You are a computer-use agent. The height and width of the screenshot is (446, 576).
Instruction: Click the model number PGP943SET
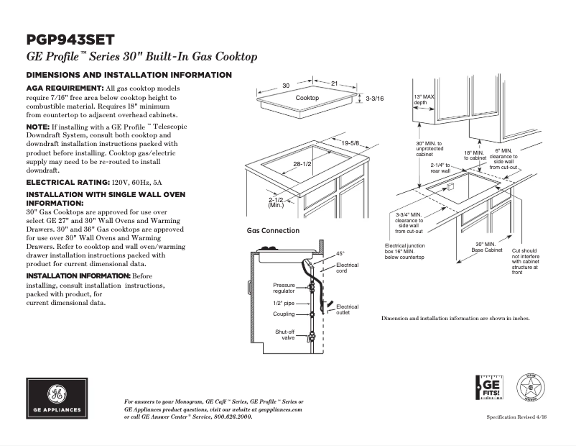pyautogui.click(x=70, y=40)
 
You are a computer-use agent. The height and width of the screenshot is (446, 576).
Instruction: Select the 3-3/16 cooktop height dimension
pyautogui.click(x=375, y=98)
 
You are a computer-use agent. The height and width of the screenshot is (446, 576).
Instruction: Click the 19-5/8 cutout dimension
pyautogui.click(x=350, y=143)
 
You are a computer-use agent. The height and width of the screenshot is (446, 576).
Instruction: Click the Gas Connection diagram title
pyautogui.click(x=273, y=231)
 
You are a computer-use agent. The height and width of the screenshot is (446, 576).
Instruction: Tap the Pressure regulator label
pyautogui.click(x=284, y=288)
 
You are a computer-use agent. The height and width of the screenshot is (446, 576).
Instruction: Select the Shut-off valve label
pyautogui.click(x=285, y=334)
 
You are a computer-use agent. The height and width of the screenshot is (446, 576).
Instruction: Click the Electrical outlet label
pyautogui.click(x=347, y=310)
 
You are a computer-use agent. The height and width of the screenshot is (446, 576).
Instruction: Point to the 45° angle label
pyautogui.click(x=340, y=253)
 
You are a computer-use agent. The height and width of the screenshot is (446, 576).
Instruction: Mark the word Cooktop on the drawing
pyautogui.click(x=307, y=98)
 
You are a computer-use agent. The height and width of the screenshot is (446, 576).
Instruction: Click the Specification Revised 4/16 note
pyautogui.click(x=517, y=417)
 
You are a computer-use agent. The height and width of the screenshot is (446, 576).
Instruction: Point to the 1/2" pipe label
pyautogui.click(x=283, y=303)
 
